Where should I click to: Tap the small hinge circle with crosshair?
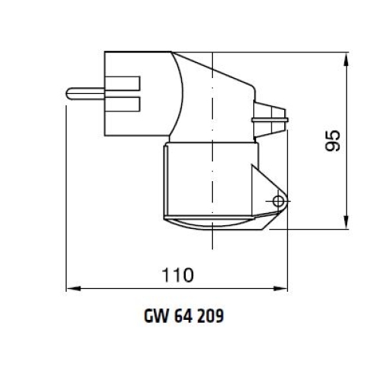[x=279, y=200]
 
